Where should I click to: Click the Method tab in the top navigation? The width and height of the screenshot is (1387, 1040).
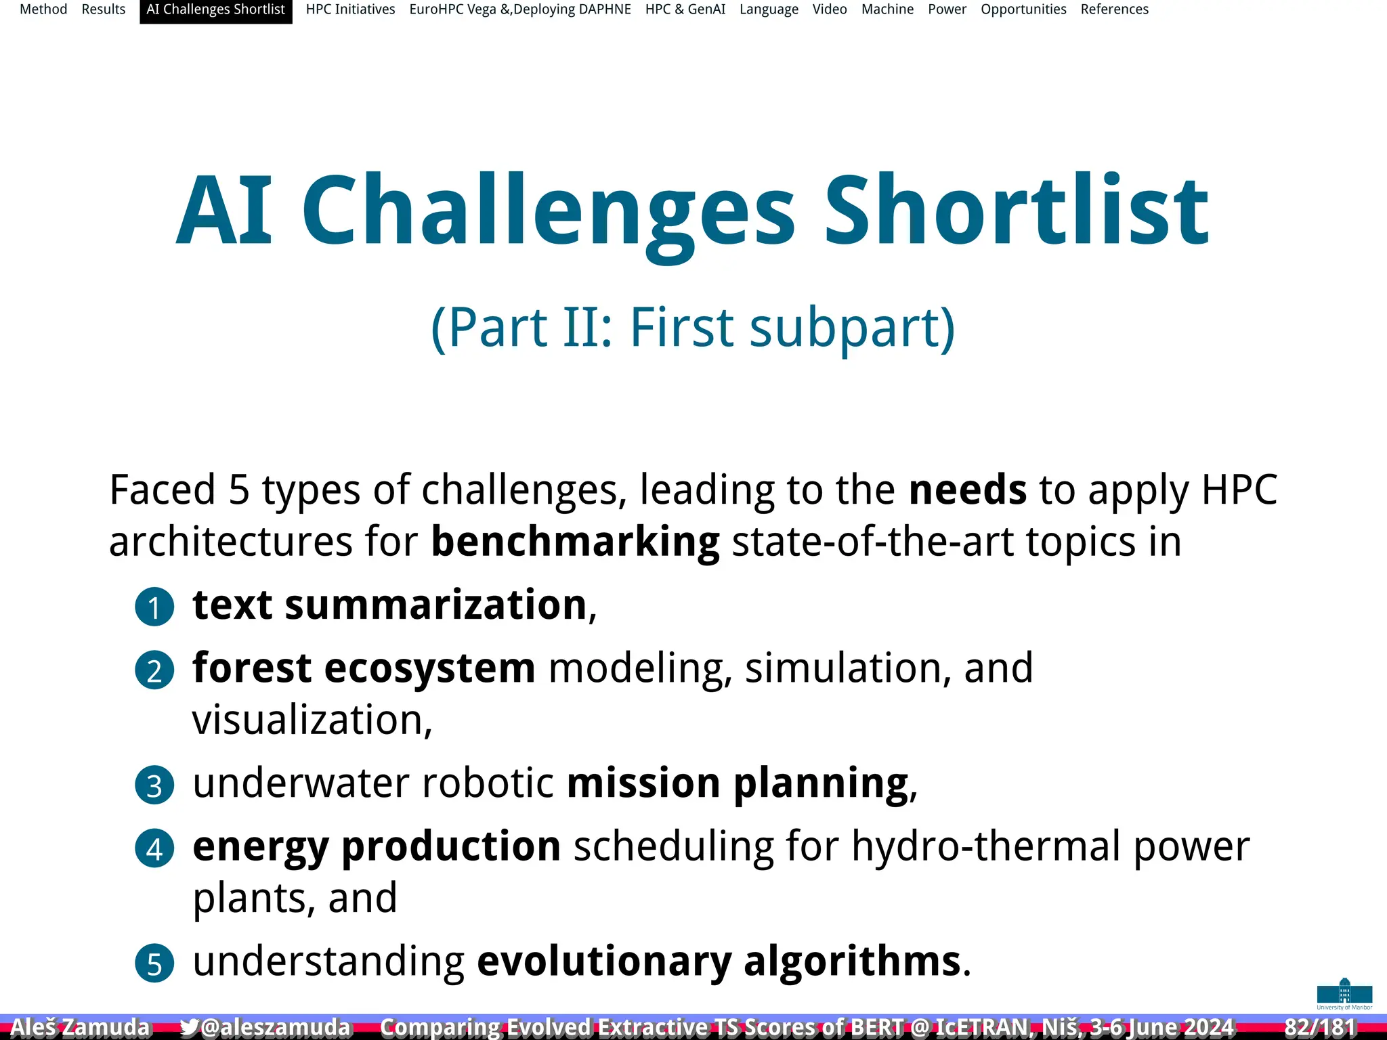click(x=43, y=9)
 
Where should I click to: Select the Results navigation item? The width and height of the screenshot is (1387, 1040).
click(x=104, y=9)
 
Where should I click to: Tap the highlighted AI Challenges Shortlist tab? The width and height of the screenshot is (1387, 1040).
click(x=215, y=9)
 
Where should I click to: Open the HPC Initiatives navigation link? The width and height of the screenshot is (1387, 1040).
click(x=350, y=9)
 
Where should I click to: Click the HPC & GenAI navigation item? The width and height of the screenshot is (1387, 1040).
click(x=685, y=9)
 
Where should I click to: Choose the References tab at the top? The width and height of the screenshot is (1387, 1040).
click(x=1114, y=9)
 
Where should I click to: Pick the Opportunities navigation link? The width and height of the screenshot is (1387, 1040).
click(x=1023, y=9)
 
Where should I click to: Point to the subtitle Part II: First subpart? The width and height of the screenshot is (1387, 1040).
click(x=693, y=328)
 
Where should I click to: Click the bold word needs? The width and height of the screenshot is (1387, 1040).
click(x=967, y=490)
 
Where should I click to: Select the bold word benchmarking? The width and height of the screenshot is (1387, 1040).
click(x=575, y=542)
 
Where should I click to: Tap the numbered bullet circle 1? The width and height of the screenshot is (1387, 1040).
click(x=154, y=607)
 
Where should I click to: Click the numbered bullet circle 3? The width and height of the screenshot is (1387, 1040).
click(x=154, y=785)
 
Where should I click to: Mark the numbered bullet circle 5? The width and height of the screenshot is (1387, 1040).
click(x=154, y=963)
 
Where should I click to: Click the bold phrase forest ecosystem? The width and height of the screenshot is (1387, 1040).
click(x=364, y=668)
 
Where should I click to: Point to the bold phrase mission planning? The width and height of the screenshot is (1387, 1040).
click(x=738, y=783)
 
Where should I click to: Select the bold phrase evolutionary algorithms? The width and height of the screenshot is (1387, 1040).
click(x=719, y=961)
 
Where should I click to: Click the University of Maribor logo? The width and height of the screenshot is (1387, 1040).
click(x=1344, y=993)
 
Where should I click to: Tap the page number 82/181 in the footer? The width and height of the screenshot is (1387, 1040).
click(x=1320, y=1027)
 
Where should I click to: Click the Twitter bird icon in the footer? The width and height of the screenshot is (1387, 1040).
click(x=189, y=1027)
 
